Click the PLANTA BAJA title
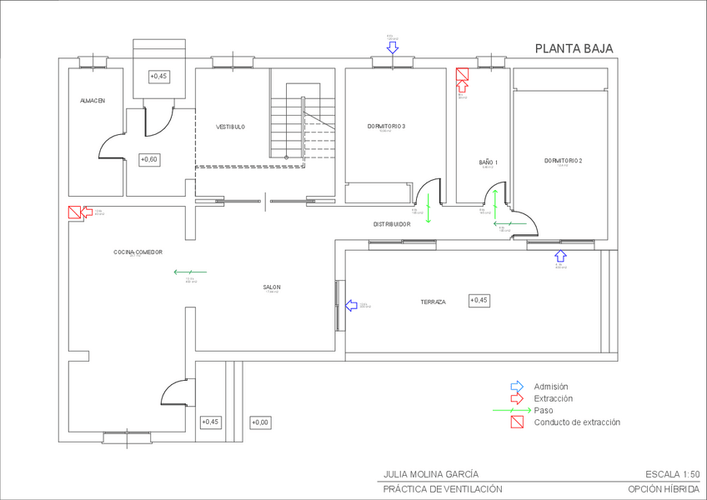[x=574, y=48]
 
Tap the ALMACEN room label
[x=93, y=101]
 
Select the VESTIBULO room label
[x=231, y=127]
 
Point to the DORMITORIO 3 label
[x=386, y=126]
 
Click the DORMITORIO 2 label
[x=563, y=160]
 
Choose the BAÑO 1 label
[x=489, y=162]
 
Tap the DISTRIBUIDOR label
[x=391, y=224]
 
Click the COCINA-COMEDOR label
[x=138, y=252]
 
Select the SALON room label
[x=272, y=287]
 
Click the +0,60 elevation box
[x=149, y=159]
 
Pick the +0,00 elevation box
[x=260, y=422]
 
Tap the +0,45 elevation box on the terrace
[x=479, y=300]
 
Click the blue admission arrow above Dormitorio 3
[x=393, y=47]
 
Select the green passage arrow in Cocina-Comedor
[x=190, y=272]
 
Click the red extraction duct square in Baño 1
[x=463, y=75]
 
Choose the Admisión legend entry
[x=550, y=387]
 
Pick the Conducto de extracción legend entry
[x=577, y=422]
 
